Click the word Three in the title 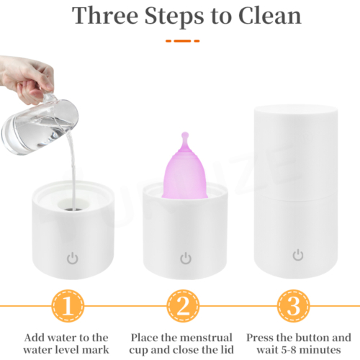105,15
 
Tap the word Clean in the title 270,15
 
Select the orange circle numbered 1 68,306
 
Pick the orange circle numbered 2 183,306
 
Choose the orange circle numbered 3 293,306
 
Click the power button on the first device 72,258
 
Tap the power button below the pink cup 186,258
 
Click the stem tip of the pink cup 185,133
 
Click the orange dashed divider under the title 182,41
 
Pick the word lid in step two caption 226,350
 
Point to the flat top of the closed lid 296,110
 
